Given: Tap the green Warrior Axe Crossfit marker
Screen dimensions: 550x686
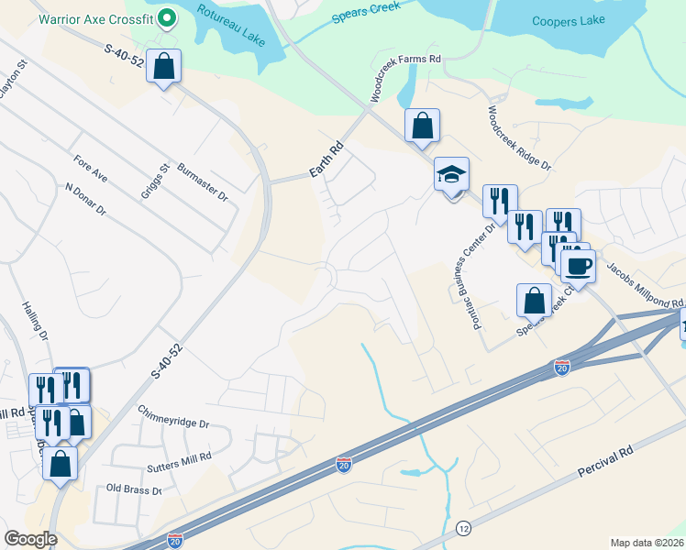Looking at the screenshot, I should tap(167, 16).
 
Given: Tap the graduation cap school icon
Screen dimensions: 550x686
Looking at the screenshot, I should tap(450, 176).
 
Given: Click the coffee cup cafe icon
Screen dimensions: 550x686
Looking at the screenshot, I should tap(577, 266).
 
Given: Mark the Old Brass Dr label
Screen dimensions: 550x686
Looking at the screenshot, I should tap(134, 489).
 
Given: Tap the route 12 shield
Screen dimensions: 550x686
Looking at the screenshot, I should tap(463, 529).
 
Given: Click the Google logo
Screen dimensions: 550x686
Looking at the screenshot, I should tap(30, 539).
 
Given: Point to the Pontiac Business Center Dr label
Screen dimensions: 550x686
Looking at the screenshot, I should tap(471, 262).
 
